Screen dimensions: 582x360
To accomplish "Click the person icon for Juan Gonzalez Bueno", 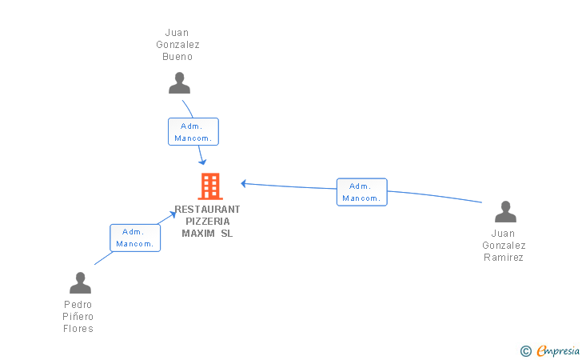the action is coord(179,83).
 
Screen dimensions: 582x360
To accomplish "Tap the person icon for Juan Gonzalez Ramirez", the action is coord(505,212).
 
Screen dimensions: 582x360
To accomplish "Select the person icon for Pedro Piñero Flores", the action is coord(80,282).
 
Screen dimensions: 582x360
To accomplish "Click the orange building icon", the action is coord(210,186).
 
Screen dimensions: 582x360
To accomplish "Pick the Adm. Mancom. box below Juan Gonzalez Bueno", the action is coord(193,131).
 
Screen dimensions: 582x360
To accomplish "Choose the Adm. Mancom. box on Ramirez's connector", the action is coord(362,192).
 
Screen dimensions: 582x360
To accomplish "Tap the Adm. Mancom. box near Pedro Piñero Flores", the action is coord(135,238).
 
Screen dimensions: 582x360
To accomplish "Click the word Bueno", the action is coord(177,57).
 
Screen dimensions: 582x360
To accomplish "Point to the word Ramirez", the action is coord(504,257).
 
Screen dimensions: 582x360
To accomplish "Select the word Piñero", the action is coord(78,317).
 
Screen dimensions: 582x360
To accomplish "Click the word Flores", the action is coord(78,329).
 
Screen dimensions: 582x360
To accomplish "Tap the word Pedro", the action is coord(78,305).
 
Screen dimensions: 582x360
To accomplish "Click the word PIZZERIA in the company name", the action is coord(208,222).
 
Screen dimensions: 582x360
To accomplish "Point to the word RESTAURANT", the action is coord(208,210).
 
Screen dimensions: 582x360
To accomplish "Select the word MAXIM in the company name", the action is coord(198,234).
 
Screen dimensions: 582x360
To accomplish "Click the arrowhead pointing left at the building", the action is coord(244,183).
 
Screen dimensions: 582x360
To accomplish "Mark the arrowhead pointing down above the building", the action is coord(202,162).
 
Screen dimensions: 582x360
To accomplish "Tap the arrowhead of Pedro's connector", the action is coord(173,214).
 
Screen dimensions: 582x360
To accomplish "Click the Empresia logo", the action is coord(558,350).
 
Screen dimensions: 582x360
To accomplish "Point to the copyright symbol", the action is coord(526,351).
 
